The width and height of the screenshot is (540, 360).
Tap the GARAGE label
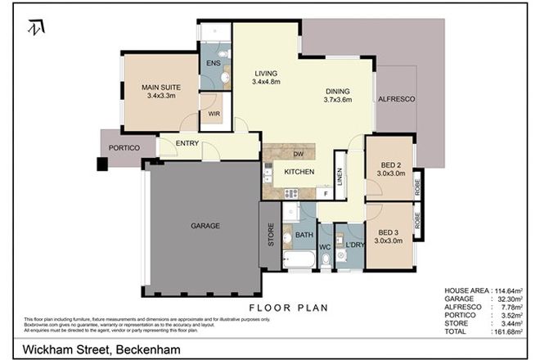205,226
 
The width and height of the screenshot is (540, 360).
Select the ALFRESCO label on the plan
397,98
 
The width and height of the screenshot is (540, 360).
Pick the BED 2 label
389,164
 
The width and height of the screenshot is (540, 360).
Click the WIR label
214,115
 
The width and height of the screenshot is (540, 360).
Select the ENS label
213,62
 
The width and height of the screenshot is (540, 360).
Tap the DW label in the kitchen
299,153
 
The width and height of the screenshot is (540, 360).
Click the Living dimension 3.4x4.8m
268,81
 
